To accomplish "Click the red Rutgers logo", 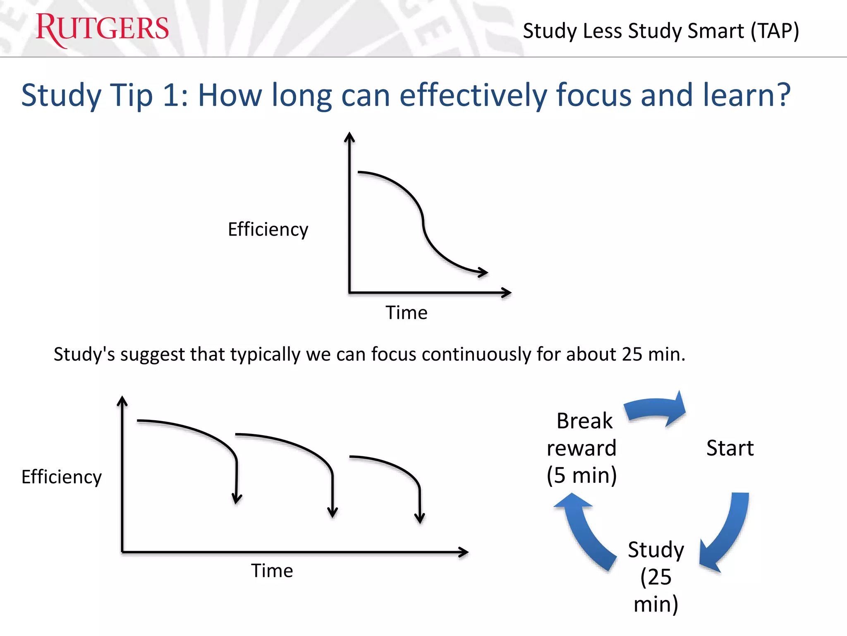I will (102, 29).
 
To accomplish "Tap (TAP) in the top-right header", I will (775, 31).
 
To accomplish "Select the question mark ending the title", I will (782, 95).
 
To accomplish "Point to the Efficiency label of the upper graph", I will (268, 229).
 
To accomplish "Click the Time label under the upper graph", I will (406, 313).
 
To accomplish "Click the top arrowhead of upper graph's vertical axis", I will (349, 137).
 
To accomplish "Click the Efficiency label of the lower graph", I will (61, 477).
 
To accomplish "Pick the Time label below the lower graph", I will (272, 571).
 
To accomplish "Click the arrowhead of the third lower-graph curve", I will (419, 518).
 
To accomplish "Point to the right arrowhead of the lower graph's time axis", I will (464, 552).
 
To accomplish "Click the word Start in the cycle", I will (730, 448).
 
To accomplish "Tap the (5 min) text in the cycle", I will (581, 475).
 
